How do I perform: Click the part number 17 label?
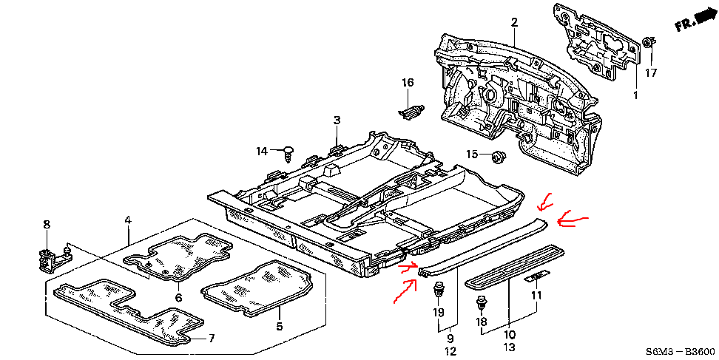[x=651, y=73]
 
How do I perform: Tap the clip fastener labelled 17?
[x=649, y=42]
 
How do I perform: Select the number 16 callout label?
[x=408, y=83]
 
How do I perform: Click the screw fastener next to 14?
[x=288, y=154]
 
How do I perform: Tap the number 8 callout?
[x=47, y=225]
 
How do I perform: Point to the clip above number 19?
[x=438, y=290]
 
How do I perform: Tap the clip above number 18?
[x=481, y=303]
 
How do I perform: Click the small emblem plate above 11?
[x=536, y=276]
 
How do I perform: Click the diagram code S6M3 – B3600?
[x=680, y=352]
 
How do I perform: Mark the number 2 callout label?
[x=515, y=22]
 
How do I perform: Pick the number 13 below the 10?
[x=509, y=347]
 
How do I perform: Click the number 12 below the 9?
[x=450, y=351]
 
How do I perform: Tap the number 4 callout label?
[x=128, y=220]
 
